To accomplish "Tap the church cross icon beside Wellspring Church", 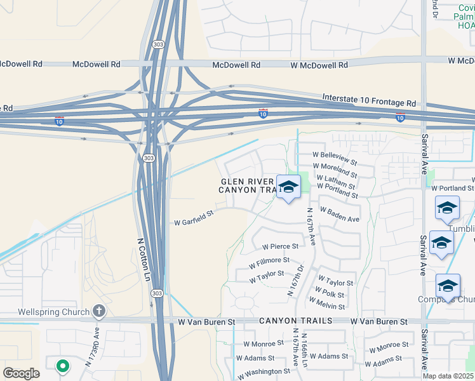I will pyautogui.click(x=98, y=311).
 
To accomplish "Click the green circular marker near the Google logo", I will pyautogui.click(x=62, y=365).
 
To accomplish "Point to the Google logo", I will pyautogui.click(x=22, y=373).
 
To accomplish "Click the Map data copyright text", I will pyautogui.click(x=449, y=376).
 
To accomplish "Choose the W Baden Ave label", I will pyautogui.click(x=340, y=215).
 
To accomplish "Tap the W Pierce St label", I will pyautogui.click(x=280, y=246).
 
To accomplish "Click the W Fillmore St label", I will pyautogui.click(x=269, y=260).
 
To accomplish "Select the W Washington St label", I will pyautogui.click(x=263, y=371).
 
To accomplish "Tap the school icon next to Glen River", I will pyautogui.click(x=288, y=187).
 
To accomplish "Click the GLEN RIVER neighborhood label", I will pyautogui.click(x=244, y=181).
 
